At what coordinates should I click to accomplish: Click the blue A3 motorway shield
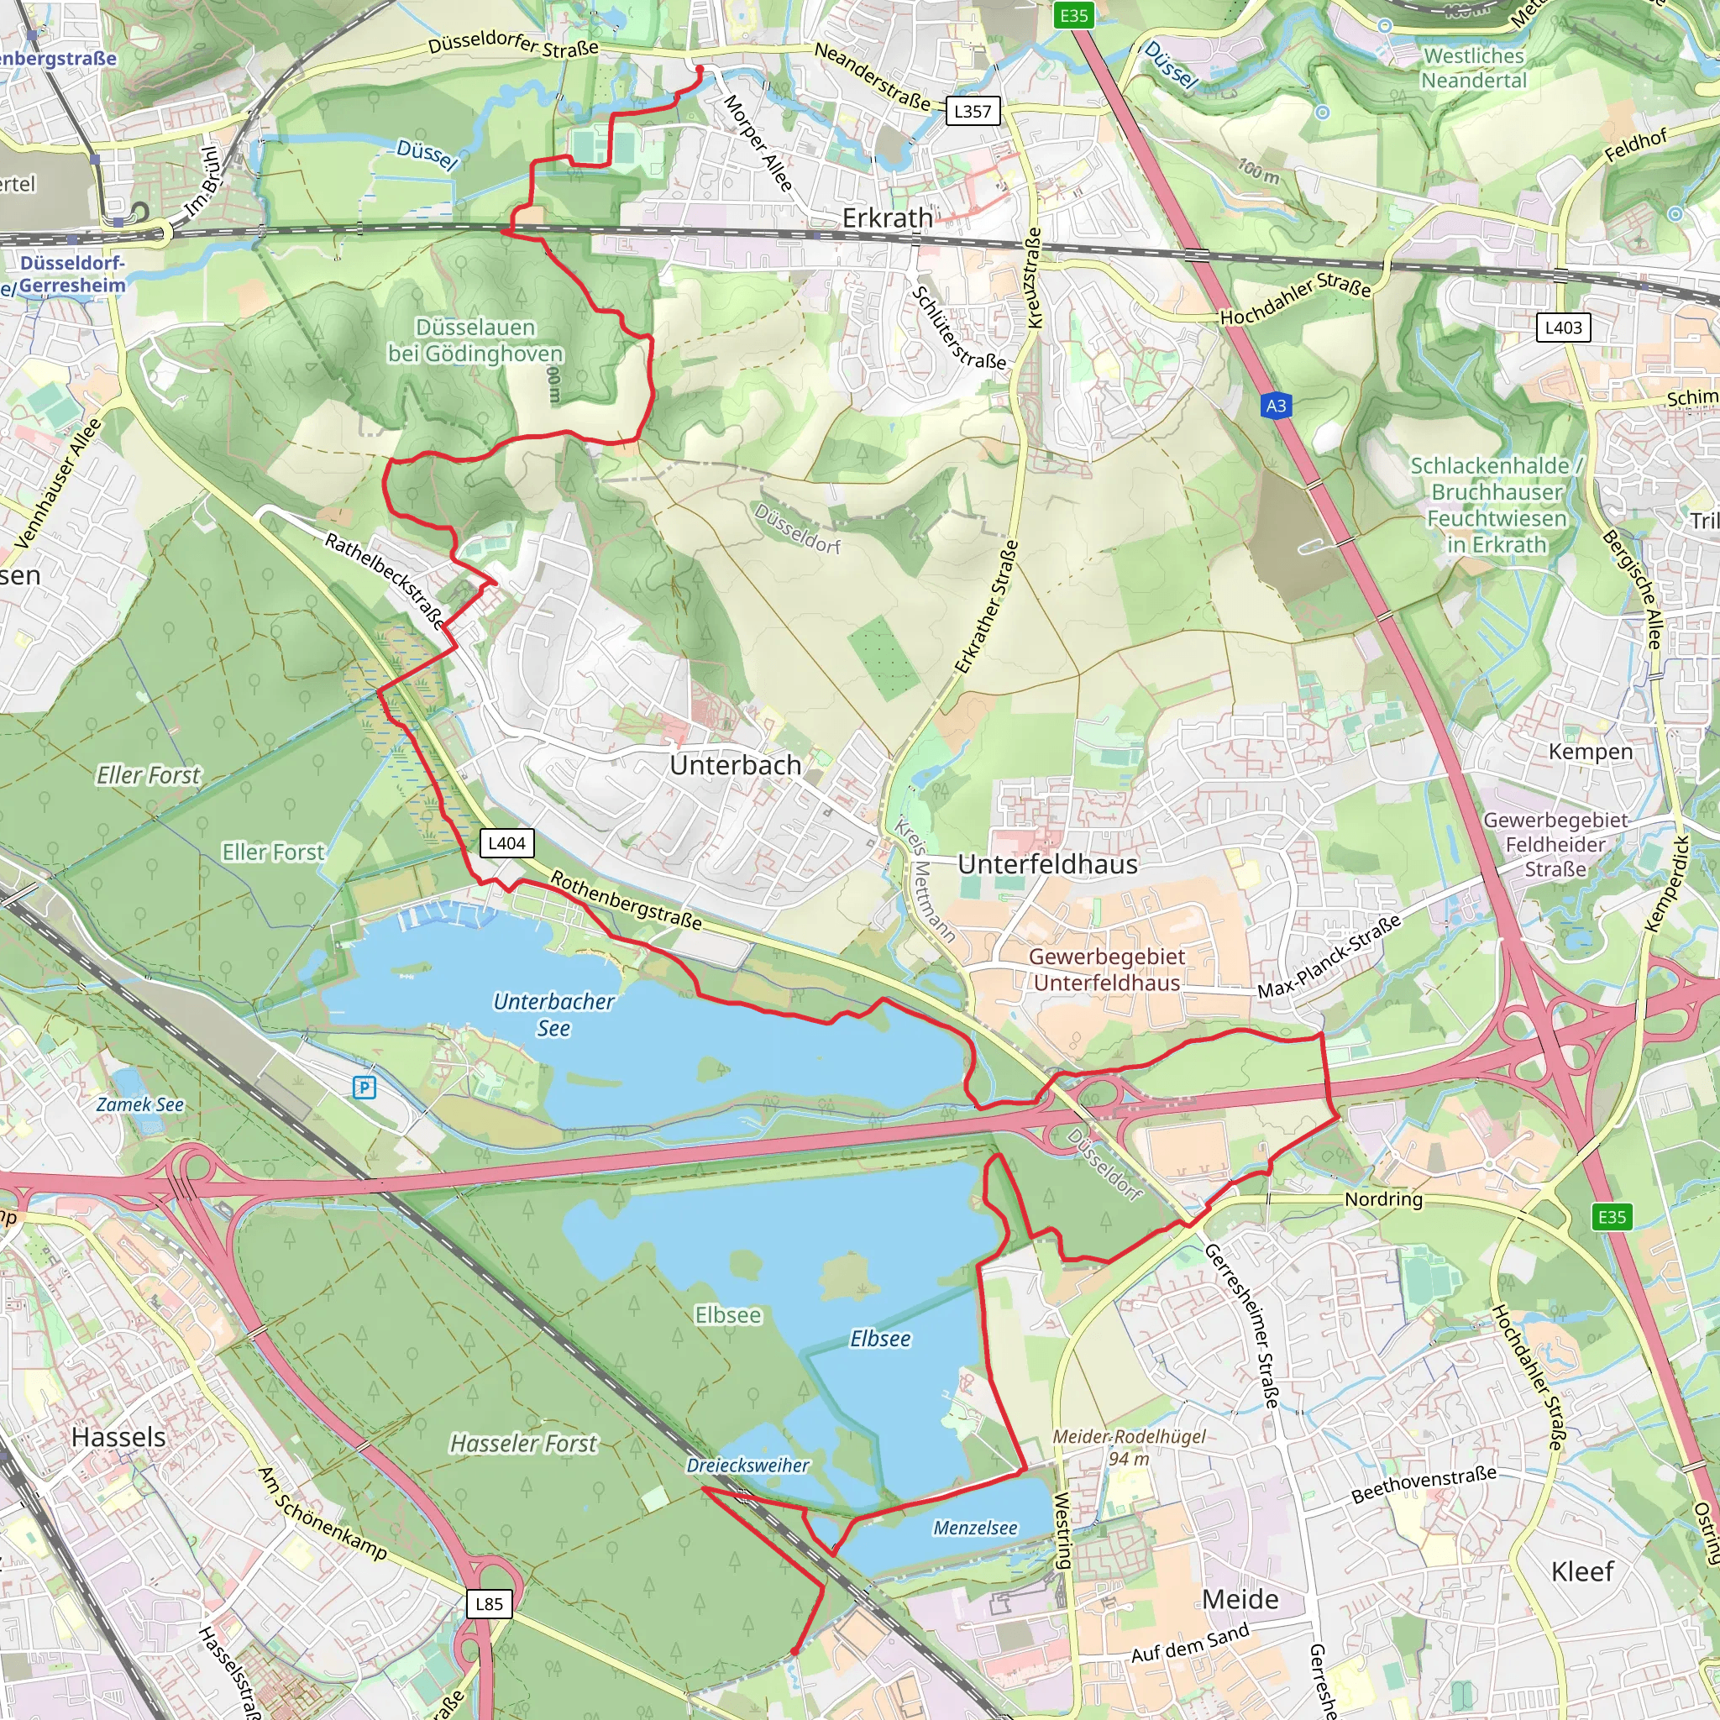coord(1276,406)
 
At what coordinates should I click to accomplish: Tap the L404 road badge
coord(506,843)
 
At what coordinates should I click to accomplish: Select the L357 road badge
coord(973,112)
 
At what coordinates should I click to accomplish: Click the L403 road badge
coord(1563,328)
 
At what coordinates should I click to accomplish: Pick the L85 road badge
coord(489,1603)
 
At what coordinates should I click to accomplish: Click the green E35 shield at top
coord(1073,15)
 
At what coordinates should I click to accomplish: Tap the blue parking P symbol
coord(364,1087)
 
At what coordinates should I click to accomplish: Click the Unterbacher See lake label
coord(553,1014)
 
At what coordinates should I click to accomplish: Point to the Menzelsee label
coord(975,1528)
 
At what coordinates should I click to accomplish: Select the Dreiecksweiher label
coord(747,1466)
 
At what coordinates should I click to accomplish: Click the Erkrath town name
coord(888,218)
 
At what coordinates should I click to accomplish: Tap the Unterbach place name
coord(736,765)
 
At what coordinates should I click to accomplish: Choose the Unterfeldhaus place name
coord(1047,864)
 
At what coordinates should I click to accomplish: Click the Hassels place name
coord(118,1437)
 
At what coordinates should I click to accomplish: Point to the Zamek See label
coord(139,1105)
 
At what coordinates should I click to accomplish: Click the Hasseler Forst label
coord(523,1443)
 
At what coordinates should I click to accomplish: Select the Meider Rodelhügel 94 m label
coord(1129,1447)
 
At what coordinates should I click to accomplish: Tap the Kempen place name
coord(1590,752)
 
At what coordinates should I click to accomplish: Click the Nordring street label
coord(1382,1199)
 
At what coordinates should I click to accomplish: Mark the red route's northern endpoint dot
coord(699,69)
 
